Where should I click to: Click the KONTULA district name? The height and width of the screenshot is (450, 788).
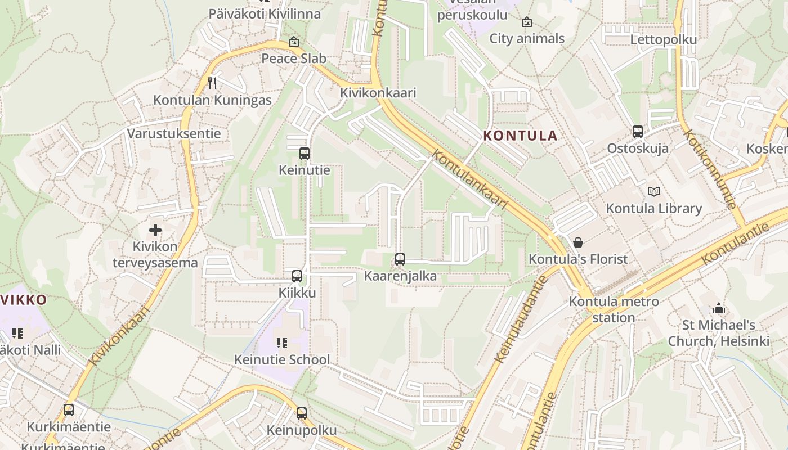520,136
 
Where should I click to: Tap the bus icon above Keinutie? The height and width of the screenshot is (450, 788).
305,153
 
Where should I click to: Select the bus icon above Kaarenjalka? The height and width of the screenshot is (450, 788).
400,259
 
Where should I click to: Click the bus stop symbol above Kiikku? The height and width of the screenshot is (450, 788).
297,276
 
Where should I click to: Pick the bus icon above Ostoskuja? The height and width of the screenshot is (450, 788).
638,132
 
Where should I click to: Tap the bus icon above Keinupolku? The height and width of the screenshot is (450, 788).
302,413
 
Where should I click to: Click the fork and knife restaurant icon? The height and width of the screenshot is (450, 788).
212,83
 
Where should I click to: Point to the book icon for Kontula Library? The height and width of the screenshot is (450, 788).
653,192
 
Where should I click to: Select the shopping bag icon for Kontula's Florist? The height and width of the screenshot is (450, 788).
577,242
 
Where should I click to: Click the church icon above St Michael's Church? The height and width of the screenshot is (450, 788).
718,309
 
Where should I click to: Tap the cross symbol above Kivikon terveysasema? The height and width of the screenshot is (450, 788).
155,229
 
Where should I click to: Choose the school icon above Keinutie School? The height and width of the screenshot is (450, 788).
282,343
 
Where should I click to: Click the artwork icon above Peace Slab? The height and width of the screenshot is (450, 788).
294,42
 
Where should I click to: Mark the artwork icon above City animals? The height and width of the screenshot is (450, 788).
527,22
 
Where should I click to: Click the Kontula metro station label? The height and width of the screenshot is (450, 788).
614,309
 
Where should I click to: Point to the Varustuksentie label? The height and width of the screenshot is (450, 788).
173,134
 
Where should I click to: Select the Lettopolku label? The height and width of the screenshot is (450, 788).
663,39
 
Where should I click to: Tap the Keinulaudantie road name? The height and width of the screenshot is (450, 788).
520,319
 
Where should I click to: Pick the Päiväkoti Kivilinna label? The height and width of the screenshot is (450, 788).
265,13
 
